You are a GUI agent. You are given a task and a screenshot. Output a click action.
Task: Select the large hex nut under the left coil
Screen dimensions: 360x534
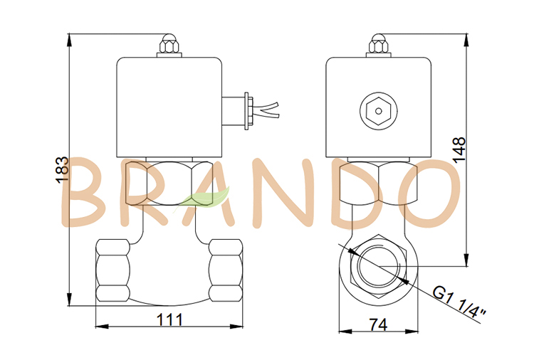click(169, 184)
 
